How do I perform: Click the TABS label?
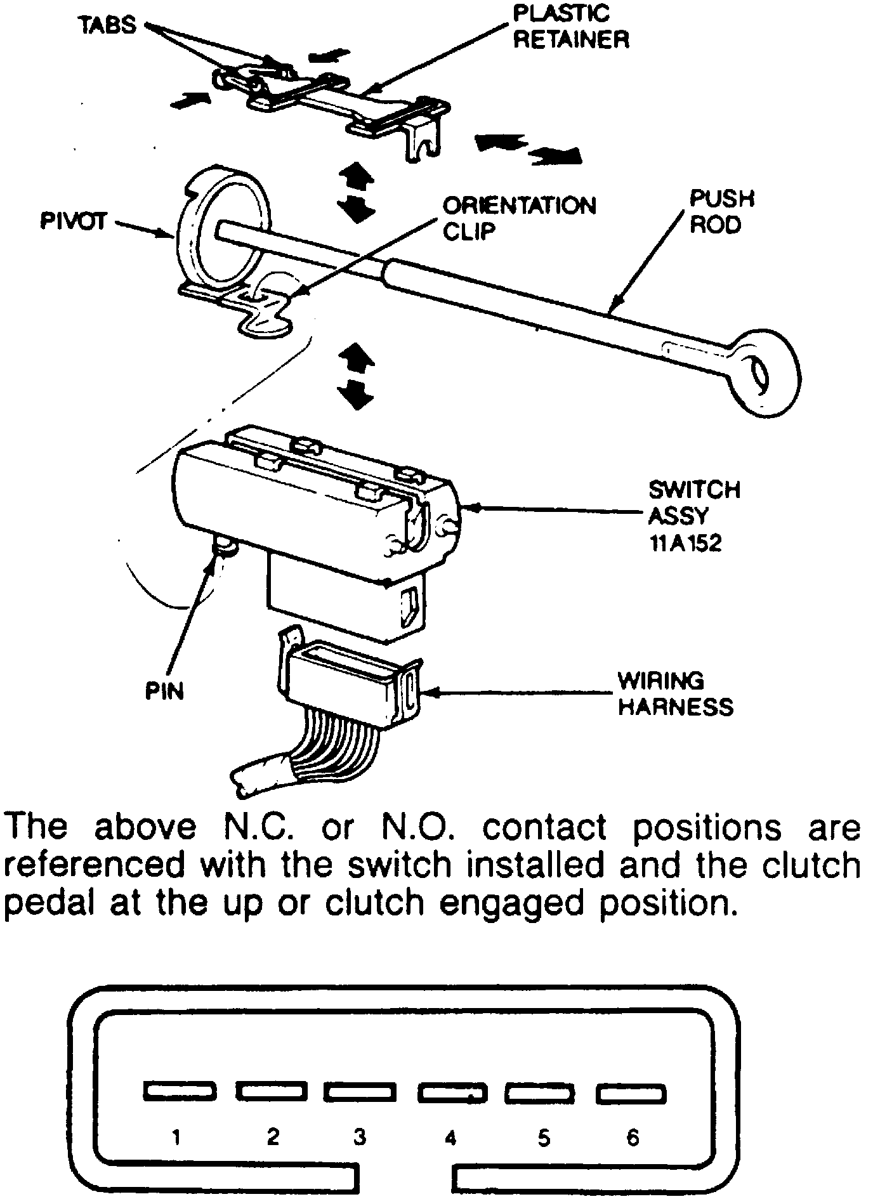click(x=108, y=25)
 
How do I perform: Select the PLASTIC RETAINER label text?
click(x=570, y=27)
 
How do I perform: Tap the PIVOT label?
click(x=74, y=223)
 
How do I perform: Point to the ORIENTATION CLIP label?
click(x=519, y=218)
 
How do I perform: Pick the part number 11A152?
click(x=686, y=544)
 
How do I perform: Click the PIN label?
click(x=165, y=691)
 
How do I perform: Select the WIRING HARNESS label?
click(x=675, y=693)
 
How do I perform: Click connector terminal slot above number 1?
click(x=180, y=1091)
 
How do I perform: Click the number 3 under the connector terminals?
click(x=360, y=1137)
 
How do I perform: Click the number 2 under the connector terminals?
click(x=273, y=1136)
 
